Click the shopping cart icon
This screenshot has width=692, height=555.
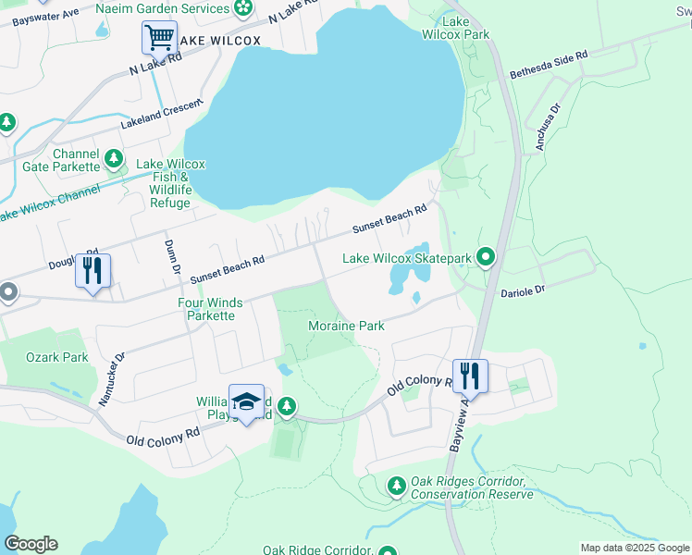pyautogui.click(x=159, y=39)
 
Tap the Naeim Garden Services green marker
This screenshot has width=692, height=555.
pyautogui.click(x=244, y=9)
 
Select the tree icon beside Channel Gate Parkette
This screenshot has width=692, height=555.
pyautogui.click(x=115, y=160)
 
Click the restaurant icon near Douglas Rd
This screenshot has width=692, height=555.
pyautogui.click(x=93, y=271)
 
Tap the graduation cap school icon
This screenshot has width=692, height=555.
pyautogui.click(x=246, y=401)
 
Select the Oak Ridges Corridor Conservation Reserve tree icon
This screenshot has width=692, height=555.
pyautogui.click(x=397, y=485)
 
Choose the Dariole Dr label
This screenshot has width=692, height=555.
pyautogui.click(x=524, y=290)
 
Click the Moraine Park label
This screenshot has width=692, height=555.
pyautogui.click(x=345, y=327)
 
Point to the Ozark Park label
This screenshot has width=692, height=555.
pyautogui.click(x=57, y=357)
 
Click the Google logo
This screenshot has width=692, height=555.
pyautogui.click(x=31, y=544)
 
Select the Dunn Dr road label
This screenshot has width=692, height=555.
pyautogui.click(x=171, y=257)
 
